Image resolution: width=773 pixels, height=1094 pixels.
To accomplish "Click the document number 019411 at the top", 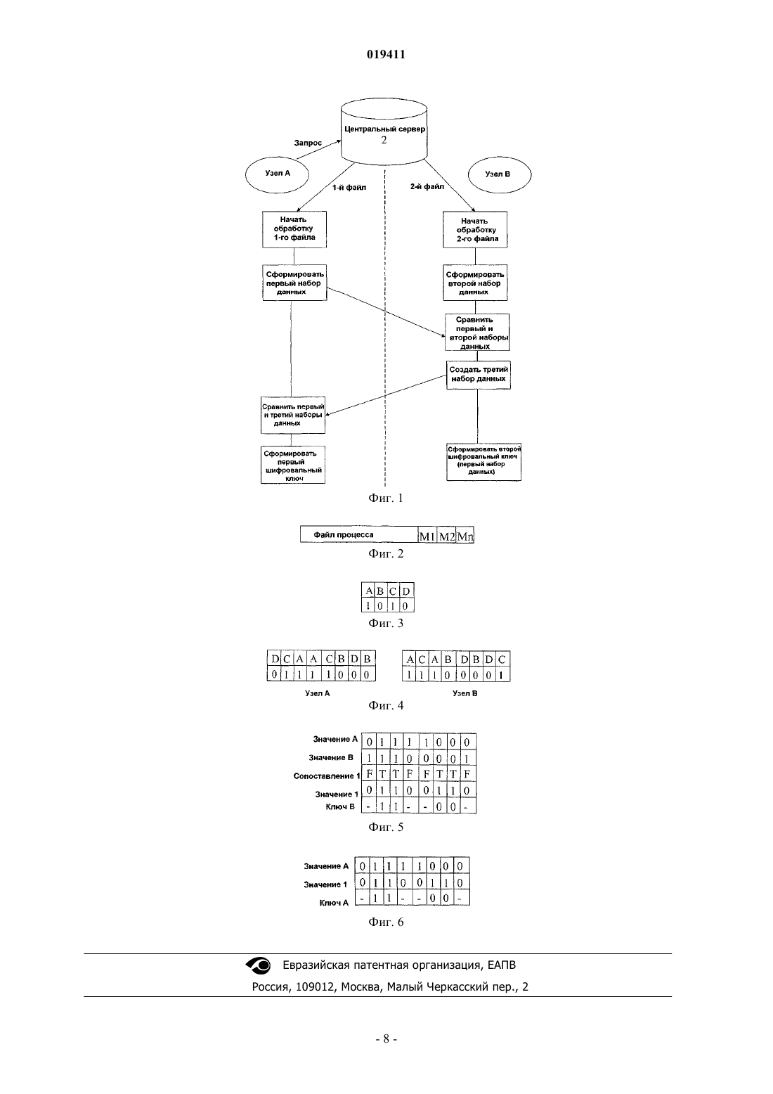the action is (x=386, y=54).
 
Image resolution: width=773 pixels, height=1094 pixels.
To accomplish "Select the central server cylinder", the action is (x=384, y=131).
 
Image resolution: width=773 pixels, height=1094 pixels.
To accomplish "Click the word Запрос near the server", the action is (x=308, y=143).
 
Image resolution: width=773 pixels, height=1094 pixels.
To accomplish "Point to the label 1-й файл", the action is (x=349, y=188).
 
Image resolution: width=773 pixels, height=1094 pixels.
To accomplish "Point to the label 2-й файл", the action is (x=427, y=186).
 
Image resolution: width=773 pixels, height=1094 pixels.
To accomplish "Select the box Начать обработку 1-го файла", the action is (x=294, y=229).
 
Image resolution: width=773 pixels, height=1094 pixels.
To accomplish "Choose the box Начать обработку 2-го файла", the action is (x=475, y=229).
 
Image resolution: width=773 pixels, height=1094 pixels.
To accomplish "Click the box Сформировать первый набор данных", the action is (x=294, y=283).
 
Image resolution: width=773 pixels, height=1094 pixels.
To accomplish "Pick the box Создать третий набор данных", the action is (x=479, y=375).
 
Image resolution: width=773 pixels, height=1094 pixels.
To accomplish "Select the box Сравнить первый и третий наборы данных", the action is (x=293, y=415).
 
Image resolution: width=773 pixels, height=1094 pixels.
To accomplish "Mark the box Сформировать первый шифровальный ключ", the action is (x=293, y=465).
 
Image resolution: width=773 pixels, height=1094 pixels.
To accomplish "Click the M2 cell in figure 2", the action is (x=446, y=536).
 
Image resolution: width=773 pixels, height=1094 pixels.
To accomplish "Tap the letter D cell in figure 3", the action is (x=406, y=591).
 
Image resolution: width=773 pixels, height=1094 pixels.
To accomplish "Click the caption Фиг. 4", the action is (x=386, y=705).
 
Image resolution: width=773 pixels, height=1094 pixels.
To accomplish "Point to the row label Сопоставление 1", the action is (x=327, y=776).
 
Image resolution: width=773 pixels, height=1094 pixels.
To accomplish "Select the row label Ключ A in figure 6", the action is (x=334, y=903).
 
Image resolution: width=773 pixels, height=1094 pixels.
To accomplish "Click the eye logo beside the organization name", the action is (x=258, y=965).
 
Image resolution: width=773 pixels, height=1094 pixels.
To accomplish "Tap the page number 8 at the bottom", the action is (x=386, y=1039).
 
